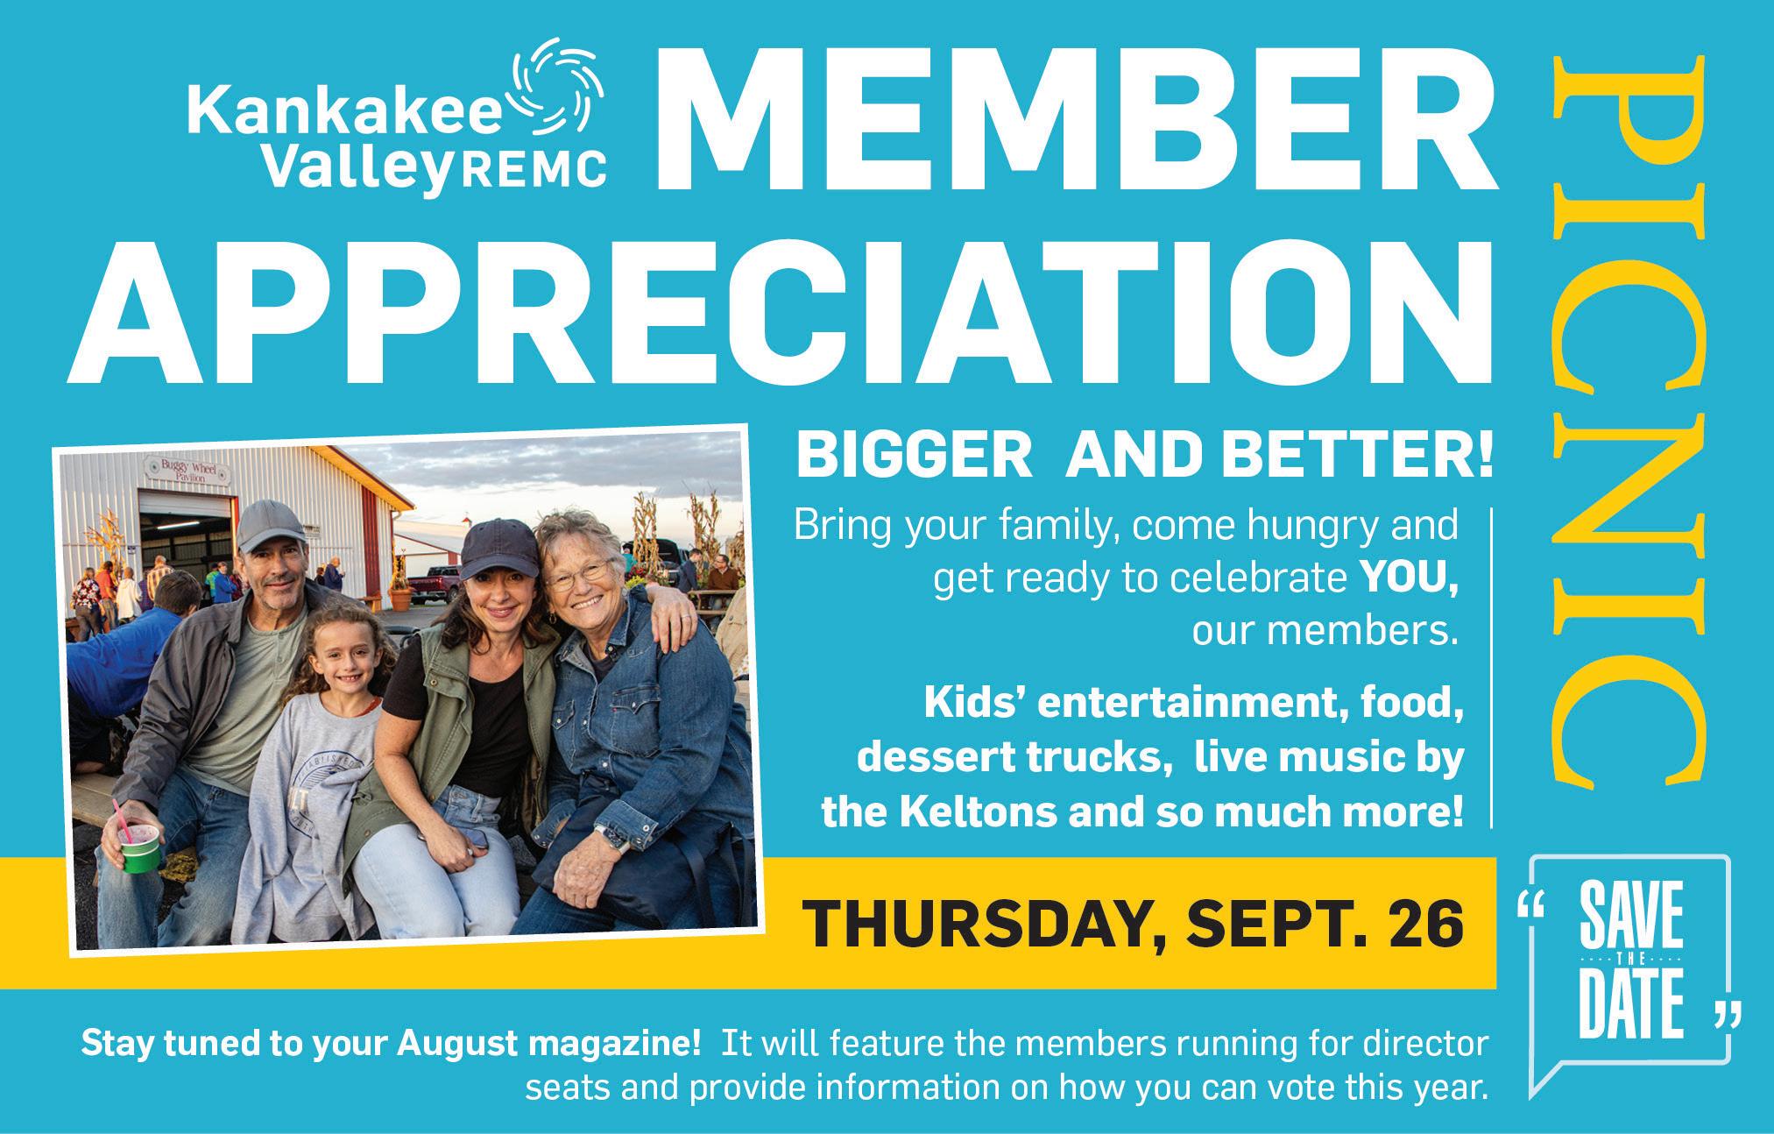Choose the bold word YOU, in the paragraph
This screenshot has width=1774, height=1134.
tap(1409, 580)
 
